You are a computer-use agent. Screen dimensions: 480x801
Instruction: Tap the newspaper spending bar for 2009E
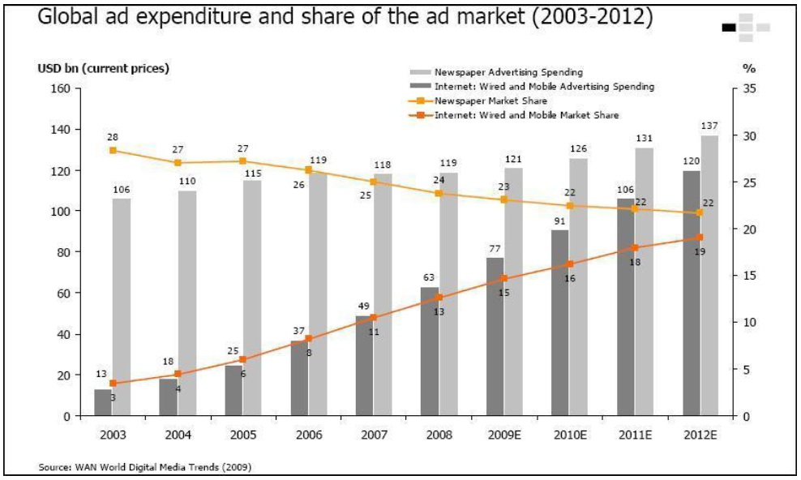(513, 292)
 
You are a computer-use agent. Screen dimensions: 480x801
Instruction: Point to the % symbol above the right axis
(749, 69)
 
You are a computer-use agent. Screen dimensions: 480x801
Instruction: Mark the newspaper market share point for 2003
(113, 150)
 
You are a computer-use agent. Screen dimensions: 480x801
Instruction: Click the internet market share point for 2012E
(700, 238)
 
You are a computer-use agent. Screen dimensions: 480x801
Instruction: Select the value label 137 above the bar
(710, 126)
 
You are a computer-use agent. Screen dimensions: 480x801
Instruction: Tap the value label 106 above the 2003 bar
(122, 189)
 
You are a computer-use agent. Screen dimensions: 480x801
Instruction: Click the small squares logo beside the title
(745, 27)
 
